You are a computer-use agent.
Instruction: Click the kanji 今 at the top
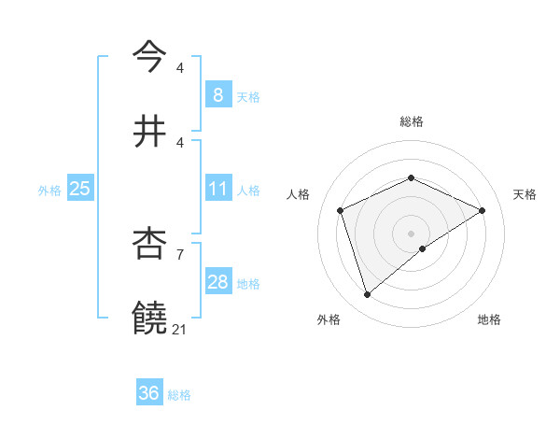click(x=149, y=56)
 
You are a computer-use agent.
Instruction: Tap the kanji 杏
click(x=149, y=246)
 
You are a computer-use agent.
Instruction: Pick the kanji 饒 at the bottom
click(x=149, y=319)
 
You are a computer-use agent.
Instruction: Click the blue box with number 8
click(x=217, y=95)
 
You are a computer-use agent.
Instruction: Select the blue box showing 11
click(x=217, y=190)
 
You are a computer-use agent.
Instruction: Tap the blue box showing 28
click(x=217, y=282)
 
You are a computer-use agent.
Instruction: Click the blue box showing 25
click(x=79, y=190)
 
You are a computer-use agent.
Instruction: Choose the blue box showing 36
click(x=149, y=393)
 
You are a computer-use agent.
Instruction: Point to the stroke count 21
click(x=180, y=329)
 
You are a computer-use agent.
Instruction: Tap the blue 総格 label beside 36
click(x=179, y=395)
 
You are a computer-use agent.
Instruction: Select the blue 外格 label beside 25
click(x=49, y=191)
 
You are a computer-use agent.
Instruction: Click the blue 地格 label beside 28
click(x=248, y=283)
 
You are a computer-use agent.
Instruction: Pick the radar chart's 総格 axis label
click(x=411, y=121)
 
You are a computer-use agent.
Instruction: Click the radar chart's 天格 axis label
click(x=525, y=194)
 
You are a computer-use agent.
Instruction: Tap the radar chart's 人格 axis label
click(x=299, y=194)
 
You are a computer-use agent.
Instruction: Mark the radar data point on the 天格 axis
click(x=482, y=210)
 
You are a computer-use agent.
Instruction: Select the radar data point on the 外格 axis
click(x=367, y=295)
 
